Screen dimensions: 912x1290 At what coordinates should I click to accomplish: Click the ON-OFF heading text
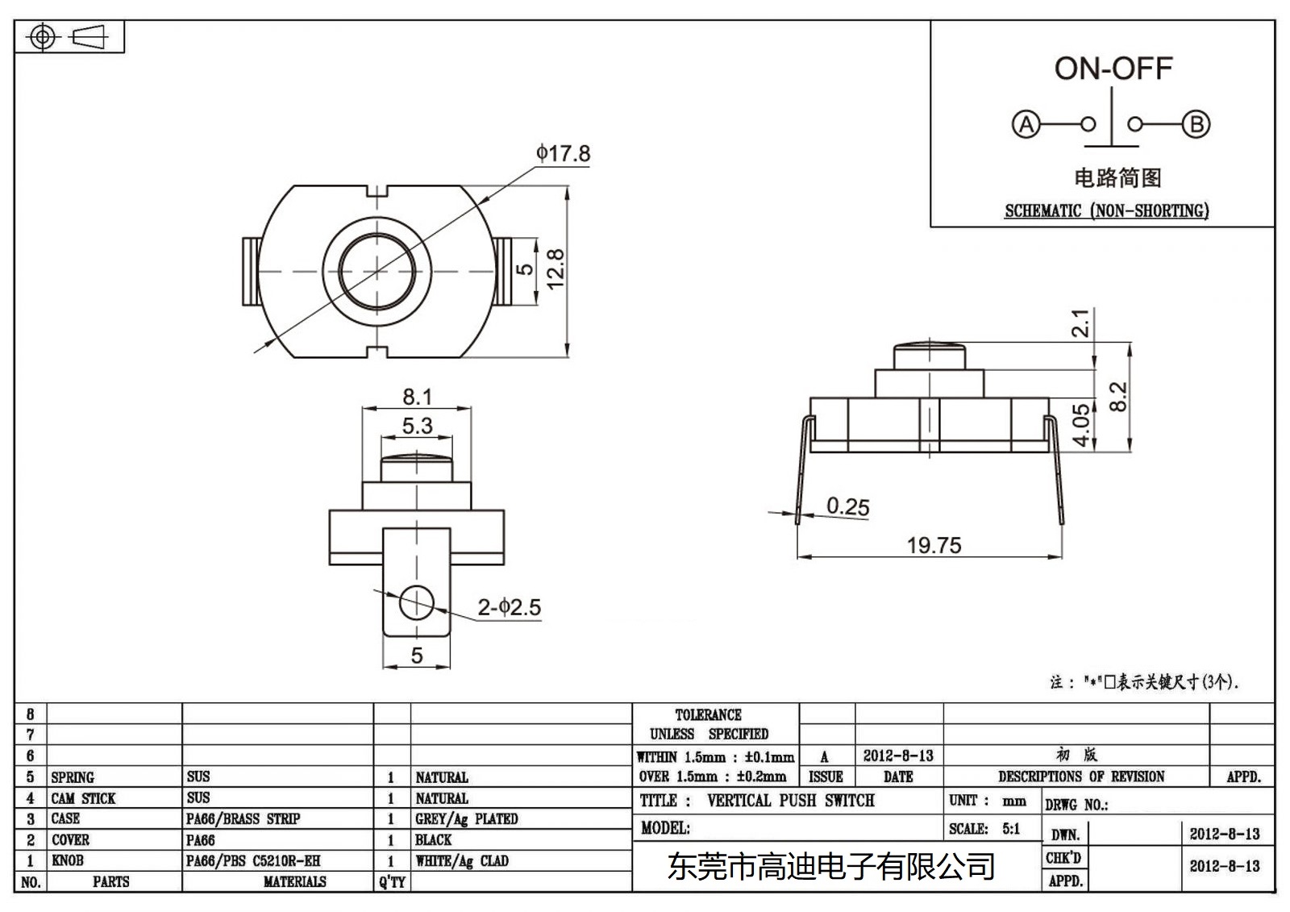(1113, 69)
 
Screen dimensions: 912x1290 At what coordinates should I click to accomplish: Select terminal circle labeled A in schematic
(1026, 125)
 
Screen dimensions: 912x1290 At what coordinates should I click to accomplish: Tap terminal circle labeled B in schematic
(1196, 125)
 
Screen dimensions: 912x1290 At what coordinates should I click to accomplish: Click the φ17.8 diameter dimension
(563, 153)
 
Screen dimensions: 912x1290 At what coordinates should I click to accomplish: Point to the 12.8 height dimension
(556, 269)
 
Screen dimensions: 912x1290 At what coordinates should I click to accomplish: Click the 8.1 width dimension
(417, 397)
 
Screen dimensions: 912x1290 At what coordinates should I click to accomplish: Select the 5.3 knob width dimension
(417, 426)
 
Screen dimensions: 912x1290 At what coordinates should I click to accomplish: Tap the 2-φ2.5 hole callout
(509, 607)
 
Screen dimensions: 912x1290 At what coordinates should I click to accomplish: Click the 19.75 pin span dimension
(934, 546)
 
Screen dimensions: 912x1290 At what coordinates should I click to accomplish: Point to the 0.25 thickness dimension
(847, 506)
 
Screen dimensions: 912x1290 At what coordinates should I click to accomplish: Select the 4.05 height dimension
(1081, 424)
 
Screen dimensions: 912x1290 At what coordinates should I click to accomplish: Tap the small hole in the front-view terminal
(416, 602)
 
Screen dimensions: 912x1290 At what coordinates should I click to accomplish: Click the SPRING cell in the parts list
(73, 777)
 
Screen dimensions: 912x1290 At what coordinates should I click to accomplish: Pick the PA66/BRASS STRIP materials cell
(243, 818)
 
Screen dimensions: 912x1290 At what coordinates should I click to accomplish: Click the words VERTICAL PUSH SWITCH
(790, 801)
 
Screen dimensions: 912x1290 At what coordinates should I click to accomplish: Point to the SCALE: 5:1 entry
(984, 829)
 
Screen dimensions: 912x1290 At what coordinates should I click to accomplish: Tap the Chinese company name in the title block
(830, 868)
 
